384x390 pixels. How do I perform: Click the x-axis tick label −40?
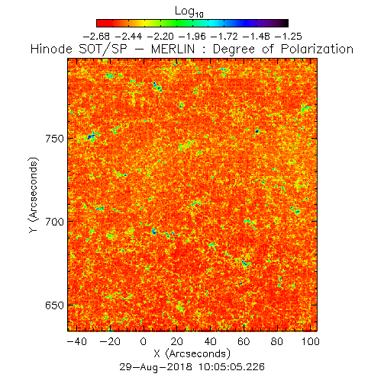[77, 341]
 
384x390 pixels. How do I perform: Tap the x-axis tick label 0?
[144, 341]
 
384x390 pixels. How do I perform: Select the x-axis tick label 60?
[244, 341]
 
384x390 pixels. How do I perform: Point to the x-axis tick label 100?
[311, 341]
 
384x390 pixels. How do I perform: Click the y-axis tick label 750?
[54, 139]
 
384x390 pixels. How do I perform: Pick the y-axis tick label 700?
[54, 222]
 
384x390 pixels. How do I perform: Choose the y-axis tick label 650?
[54, 305]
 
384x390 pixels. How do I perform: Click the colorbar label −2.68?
[96, 37]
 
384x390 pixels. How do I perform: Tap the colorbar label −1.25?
[289, 37]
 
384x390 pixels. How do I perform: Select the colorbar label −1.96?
[192, 37]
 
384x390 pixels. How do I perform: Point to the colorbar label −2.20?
[160, 37]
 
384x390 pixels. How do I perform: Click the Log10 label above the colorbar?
[189, 11]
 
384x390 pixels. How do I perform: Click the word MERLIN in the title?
[173, 49]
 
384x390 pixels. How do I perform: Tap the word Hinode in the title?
[51, 49]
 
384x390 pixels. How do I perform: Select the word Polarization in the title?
[317, 49]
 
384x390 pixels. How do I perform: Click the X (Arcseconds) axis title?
[192, 353]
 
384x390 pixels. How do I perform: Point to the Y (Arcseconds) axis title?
[34, 195]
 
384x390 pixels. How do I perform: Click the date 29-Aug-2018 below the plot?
[156, 367]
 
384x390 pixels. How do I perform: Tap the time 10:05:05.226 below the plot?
[231, 367]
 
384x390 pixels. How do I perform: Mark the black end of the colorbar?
[285, 23]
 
